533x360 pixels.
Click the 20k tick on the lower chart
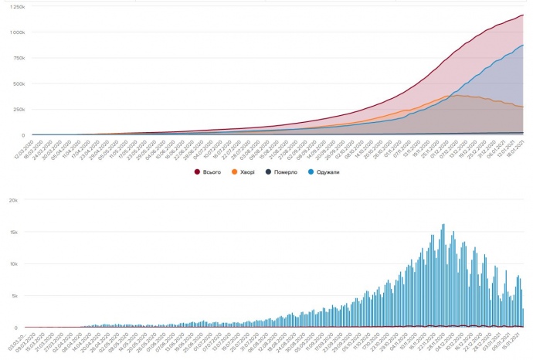[12, 199]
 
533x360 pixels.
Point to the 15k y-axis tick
[12, 232]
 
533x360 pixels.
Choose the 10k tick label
[12, 263]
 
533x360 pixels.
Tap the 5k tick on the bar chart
[14, 296]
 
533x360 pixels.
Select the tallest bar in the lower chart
[443, 225]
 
